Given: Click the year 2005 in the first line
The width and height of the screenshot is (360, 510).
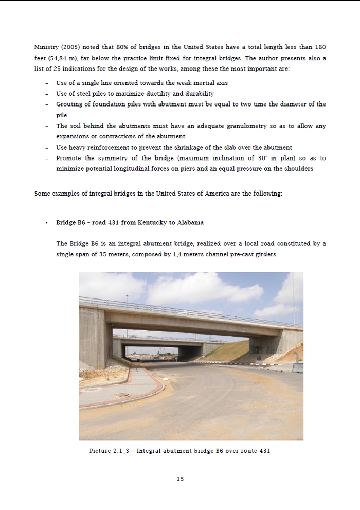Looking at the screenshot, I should tap(70, 47).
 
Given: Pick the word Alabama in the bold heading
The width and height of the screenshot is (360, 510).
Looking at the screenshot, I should tap(190, 222).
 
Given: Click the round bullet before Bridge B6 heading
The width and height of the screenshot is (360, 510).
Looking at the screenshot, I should tap(47, 223).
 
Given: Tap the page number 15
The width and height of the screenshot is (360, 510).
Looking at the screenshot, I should tap(180, 479).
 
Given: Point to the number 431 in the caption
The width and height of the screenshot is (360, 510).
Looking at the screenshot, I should tap(264, 451).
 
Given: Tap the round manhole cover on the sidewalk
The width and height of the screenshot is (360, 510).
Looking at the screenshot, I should tap(122, 395).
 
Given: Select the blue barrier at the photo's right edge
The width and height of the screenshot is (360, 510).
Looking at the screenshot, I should tap(298, 367).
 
